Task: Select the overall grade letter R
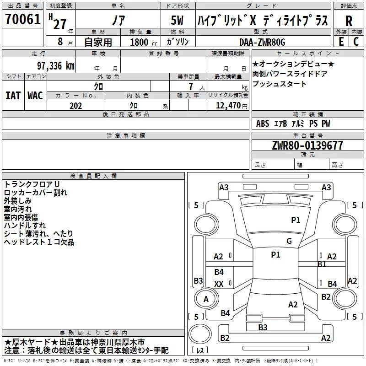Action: point(349,21)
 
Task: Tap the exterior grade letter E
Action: point(341,41)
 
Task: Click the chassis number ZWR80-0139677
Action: point(307,145)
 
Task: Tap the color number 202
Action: point(75,106)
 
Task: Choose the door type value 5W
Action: point(178,21)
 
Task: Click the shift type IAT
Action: point(13,95)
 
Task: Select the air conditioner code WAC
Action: point(35,95)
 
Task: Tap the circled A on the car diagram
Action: point(206,299)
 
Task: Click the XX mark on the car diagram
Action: point(219,284)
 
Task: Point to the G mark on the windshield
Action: point(289,241)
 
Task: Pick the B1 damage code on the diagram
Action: point(322,264)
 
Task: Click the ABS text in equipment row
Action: point(263,124)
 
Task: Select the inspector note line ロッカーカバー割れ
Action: point(35,192)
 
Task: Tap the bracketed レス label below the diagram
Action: point(200,350)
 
